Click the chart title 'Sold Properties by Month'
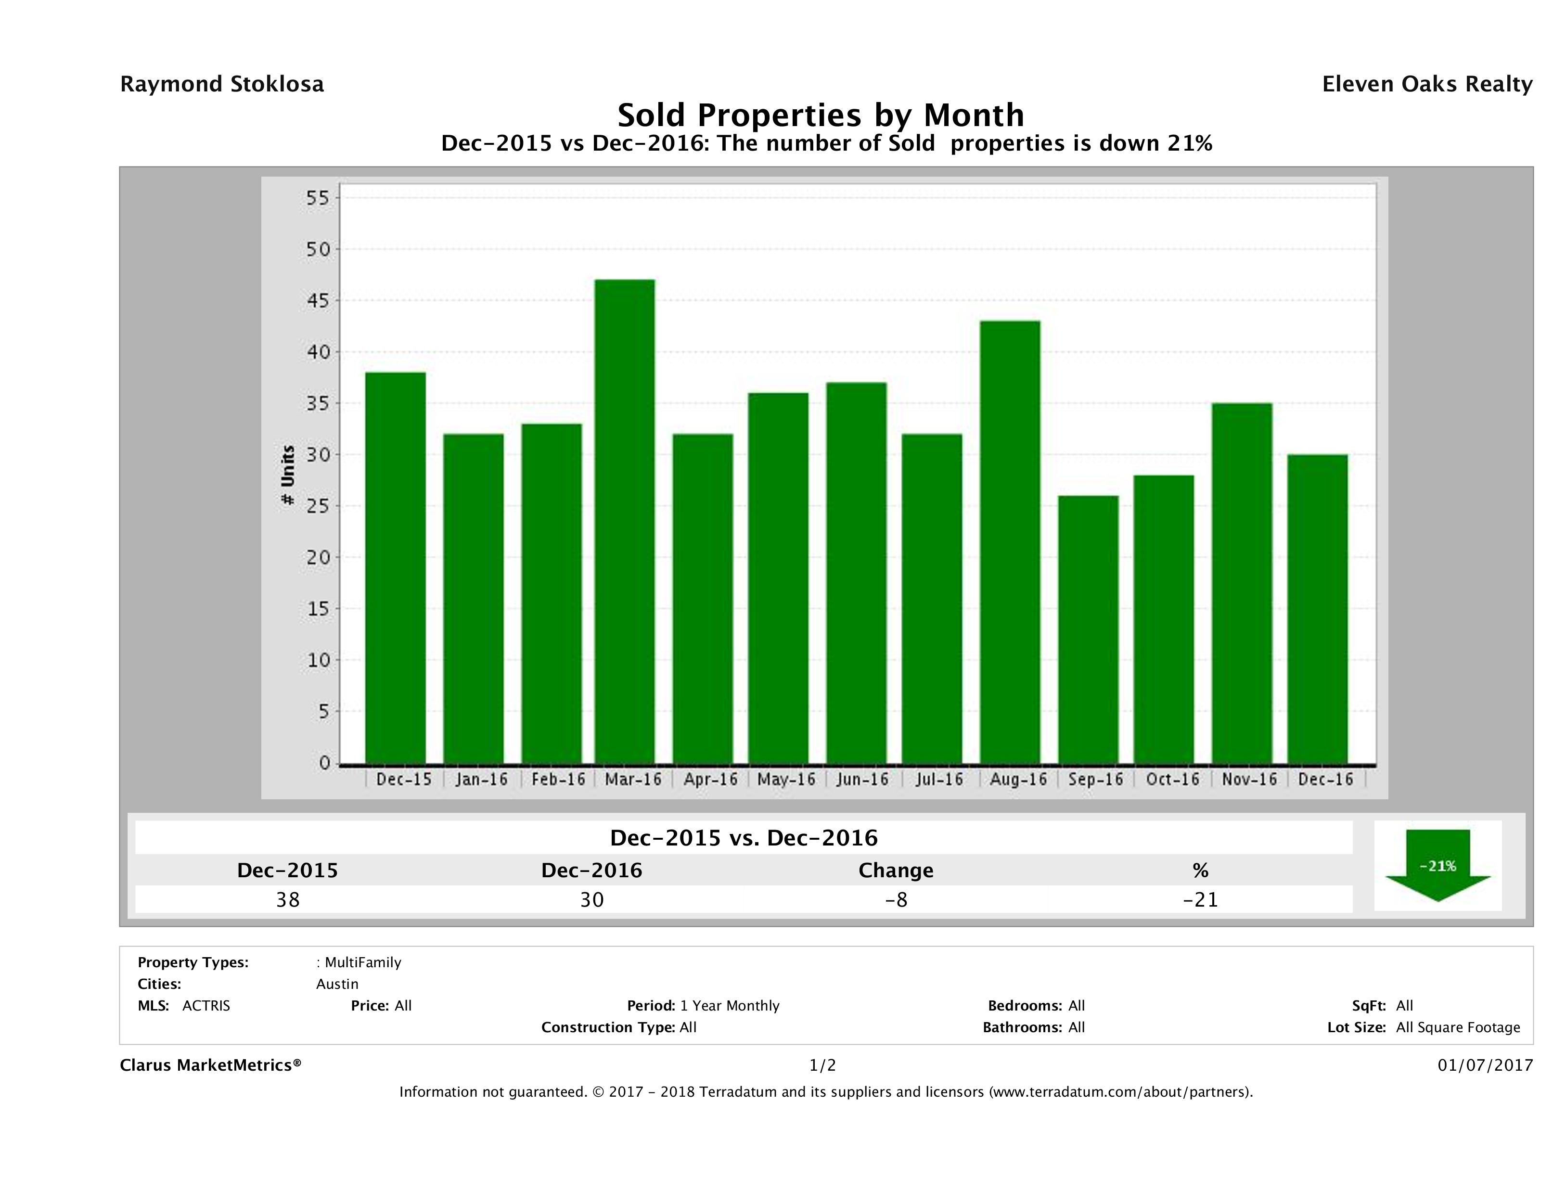(821, 115)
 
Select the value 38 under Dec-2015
(288, 899)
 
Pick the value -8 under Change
(896, 899)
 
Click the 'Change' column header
(896, 871)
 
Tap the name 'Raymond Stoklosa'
(222, 84)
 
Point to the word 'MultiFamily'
(363, 962)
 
